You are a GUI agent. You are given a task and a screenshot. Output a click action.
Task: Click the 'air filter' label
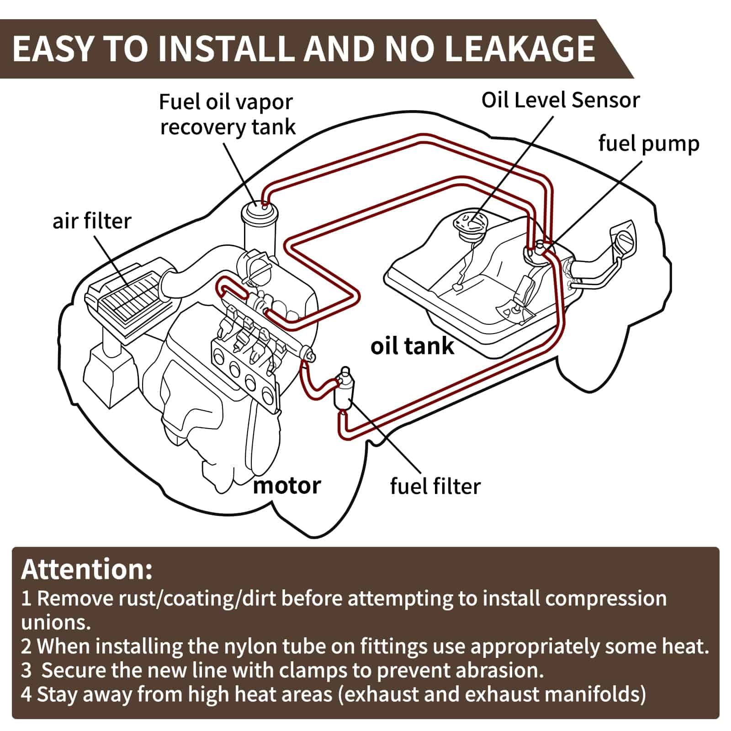(x=92, y=221)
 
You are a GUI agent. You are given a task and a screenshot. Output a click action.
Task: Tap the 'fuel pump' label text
(x=649, y=143)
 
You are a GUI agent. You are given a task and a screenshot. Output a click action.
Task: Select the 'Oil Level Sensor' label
(x=560, y=100)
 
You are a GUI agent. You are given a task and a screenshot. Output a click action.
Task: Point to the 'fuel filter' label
(x=435, y=486)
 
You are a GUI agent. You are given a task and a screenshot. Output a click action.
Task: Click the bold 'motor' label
(x=287, y=485)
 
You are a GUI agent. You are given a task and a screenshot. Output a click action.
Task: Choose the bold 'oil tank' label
(x=412, y=346)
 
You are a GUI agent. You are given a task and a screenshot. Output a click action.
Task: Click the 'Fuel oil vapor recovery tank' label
(x=227, y=114)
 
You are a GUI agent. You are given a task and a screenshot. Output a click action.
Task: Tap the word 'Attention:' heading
(x=87, y=569)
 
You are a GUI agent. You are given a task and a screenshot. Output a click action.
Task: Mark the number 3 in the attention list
(x=26, y=671)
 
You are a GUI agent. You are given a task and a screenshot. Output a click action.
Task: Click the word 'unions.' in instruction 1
(x=56, y=622)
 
